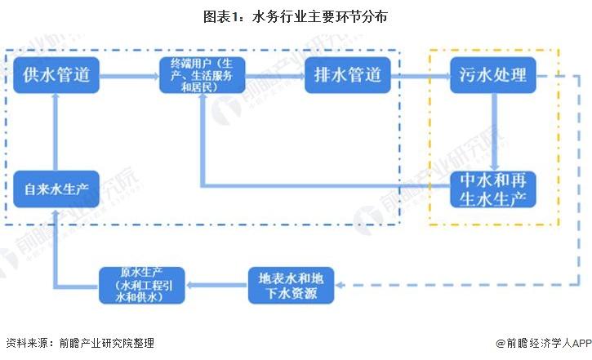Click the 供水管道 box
point(56,78)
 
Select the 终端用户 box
point(200,78)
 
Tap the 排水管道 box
point(347,78)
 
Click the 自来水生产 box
point(56,189)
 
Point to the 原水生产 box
point(144,285)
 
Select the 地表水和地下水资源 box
point(291,285)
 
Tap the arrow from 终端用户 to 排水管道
point(274,78)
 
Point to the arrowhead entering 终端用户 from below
point(202,107)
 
